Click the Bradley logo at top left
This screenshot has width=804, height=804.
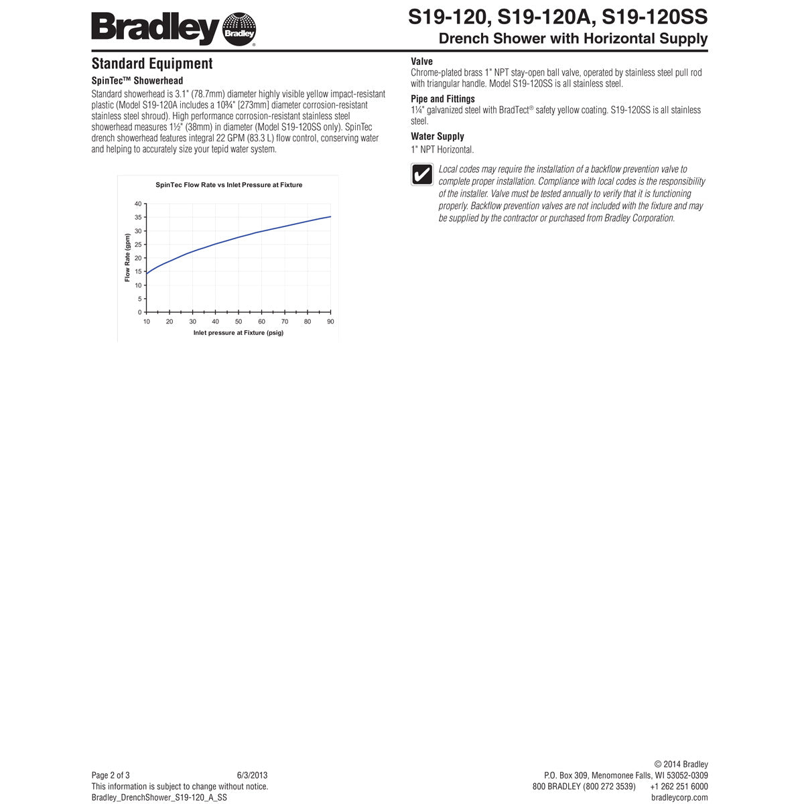(x=173, y=29)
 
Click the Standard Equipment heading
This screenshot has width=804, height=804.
(x=152, y=64)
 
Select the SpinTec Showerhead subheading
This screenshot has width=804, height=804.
(x=137, y=81)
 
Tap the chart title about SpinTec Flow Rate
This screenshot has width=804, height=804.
(x=228, y=185)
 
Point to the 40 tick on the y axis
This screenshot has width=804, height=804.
(x=138, y=204)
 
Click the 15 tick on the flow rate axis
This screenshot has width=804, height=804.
(x=138, y=272)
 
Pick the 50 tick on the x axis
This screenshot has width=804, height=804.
(x=239, y=322)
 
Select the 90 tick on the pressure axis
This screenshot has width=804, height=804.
(x=330, y=322)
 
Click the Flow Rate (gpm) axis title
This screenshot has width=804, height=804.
(x=127, y=258)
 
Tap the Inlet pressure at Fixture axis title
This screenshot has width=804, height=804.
(x=238, y=333)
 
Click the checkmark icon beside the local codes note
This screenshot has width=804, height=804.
(x=421, y=174)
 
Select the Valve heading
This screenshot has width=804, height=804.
(x=421, y=62)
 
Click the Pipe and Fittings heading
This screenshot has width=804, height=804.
(x=442, y=99)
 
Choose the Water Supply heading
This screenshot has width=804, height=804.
(x=437, y=137)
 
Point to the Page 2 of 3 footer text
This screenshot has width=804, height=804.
(x=111, y=775)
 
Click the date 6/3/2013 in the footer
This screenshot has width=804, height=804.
(x=252, y=775)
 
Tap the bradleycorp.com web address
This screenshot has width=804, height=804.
(x=679, y=797)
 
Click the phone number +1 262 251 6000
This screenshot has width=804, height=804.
(x=679, y=787)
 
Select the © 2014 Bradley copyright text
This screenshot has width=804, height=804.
(x=681, y=764)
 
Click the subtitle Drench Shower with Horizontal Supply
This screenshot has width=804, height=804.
(x=573, y=38)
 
